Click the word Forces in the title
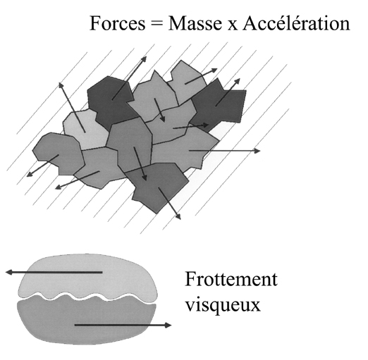[x=118, y=23]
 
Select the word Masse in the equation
[x=195, y=23]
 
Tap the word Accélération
[x=296, y=23]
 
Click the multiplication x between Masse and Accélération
[x=232, y=26]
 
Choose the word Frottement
[x=231, y=279]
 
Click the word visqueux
[x=223, y=306]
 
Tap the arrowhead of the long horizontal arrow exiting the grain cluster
[x=257, y=151]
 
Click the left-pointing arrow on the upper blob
[x=54, y=272]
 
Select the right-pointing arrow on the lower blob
[x=123, y=325]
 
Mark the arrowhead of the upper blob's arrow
[x=9, y=272]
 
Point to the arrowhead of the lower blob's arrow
[x=168, y=325]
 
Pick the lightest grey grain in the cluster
[x=86, y=129]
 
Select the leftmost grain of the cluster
[x=59, y=153]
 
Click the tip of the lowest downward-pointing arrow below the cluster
[x=180, y=219]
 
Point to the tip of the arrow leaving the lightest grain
[x=59, y=83]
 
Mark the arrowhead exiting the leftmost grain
[x=27, y=176]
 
